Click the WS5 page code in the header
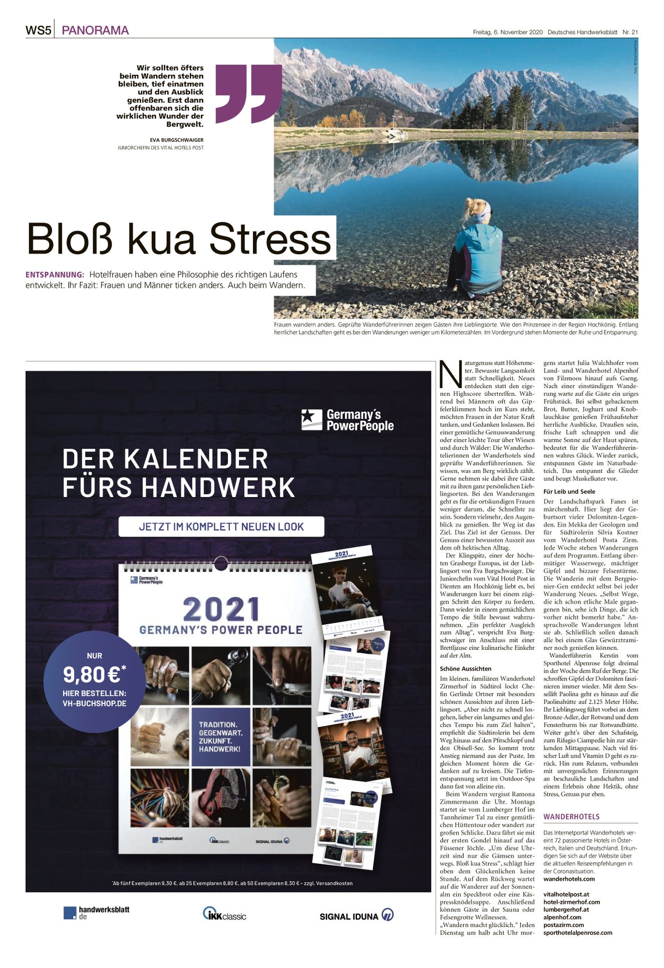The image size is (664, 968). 39,31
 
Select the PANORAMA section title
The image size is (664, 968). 95,31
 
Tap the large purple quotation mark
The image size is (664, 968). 249,93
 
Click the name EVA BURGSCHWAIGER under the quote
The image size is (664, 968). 177,140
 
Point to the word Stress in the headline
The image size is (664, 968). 270,239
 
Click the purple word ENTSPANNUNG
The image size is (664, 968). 55,275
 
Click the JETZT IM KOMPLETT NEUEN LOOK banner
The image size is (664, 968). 221,527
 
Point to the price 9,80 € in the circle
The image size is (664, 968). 94,675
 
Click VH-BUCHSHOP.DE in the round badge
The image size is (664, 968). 94,703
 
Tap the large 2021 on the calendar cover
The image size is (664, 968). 221,609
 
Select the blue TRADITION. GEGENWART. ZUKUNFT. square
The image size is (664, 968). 221,736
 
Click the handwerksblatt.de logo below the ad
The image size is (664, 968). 97,912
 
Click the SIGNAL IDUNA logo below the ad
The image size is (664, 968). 356,915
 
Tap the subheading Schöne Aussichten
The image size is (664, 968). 466,668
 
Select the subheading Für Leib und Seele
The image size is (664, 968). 569,492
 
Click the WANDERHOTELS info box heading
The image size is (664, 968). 571,817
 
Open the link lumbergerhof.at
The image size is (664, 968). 566,909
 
